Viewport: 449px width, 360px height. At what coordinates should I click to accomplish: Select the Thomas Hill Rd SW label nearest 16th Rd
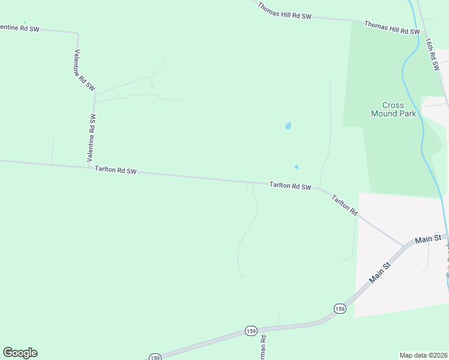click(x=391, y=28)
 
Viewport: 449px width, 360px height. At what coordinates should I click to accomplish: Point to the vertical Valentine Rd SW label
click(x=92, y=138)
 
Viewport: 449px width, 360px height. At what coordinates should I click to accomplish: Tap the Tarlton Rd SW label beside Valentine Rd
click(x=116, y=171)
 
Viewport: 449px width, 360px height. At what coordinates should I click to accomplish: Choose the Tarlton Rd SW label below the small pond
click(x=291, y=187)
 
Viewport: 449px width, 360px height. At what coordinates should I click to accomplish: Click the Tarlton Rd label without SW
click(x=345, y=205)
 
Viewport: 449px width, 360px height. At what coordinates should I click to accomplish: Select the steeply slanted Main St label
click(x=381, y=271)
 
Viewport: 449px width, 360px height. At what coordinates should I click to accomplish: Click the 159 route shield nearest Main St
click(x=340, y=308)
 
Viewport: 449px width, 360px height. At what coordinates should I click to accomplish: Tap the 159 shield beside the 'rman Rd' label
click(x=251, y=331)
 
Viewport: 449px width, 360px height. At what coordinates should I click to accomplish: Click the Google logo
click(x=20, y=353)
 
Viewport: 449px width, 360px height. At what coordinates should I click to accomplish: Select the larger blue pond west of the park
click(x=288, y=126)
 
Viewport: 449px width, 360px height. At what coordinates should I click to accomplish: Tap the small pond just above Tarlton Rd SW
click(x=297, y=167)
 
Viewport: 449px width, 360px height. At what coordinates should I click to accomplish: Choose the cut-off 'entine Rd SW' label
click(x=19, y=28)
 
